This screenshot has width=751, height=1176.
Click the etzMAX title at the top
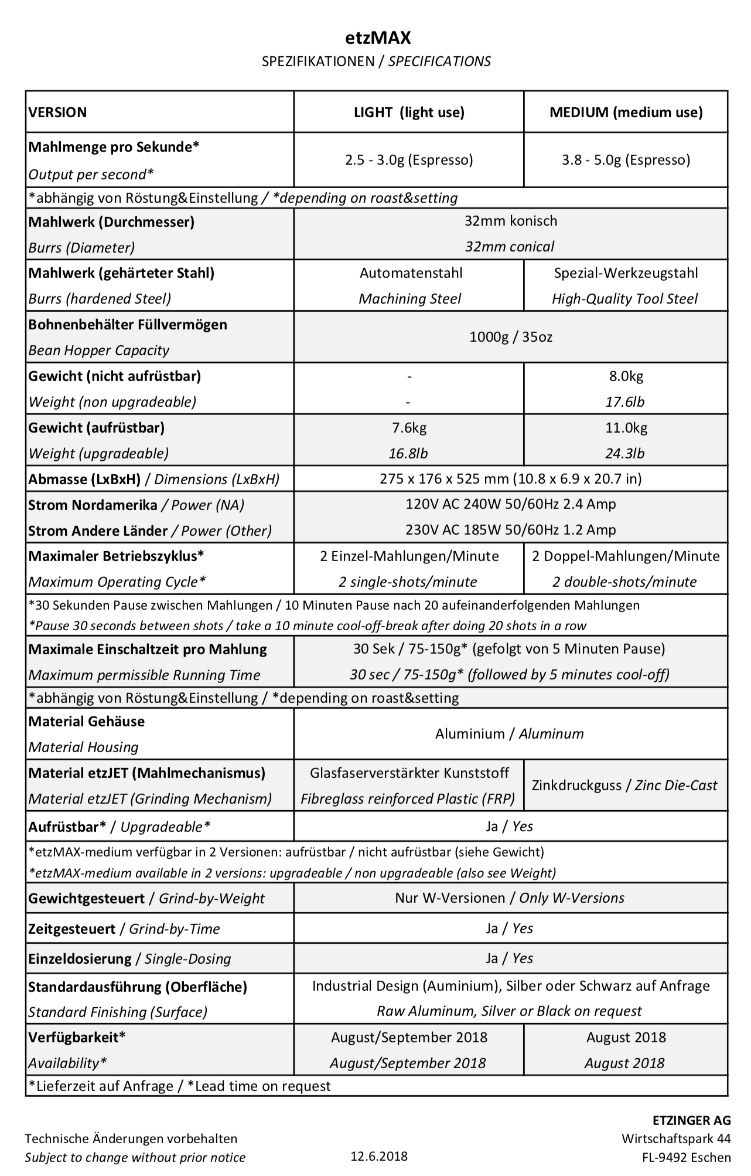[x=377, y=38]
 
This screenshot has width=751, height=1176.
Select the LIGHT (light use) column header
[x=409, y=112]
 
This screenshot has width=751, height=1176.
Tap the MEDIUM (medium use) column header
[x=626, y=112]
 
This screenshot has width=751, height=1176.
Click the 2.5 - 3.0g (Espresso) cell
[x=409, y=159]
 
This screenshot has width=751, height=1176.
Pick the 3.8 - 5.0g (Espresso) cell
[x=626, y=159]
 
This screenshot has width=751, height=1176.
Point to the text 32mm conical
[x=510, y=247]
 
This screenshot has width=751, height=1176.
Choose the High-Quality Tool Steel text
[x=624, y=299]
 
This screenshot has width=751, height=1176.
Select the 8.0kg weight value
[x=626, y=376]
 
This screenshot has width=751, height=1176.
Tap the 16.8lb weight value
[x=409, y=454]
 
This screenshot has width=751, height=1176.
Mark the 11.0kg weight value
[x=626, y=428]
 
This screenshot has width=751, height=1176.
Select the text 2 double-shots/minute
[x=624, y=582]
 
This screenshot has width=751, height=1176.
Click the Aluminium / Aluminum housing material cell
[x=510, y=734]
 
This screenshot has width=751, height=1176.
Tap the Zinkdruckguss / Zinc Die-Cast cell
[x=624, y=786]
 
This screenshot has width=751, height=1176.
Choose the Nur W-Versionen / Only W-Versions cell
[x=510, y=898]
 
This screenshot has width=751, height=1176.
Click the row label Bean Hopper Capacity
[x=99, y=351]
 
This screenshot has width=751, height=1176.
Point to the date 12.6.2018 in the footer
[x=379, y=1157]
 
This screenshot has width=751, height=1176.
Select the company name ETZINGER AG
[x=692, y=1121]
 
